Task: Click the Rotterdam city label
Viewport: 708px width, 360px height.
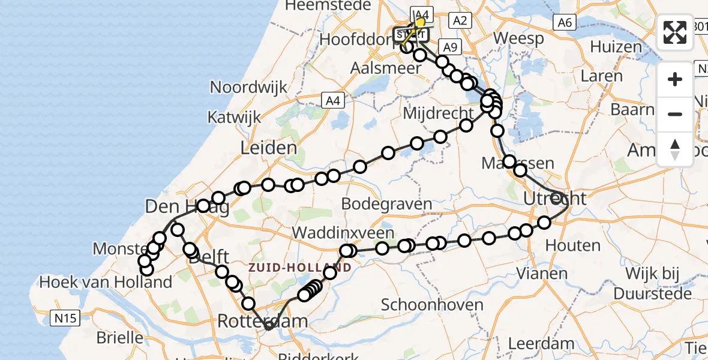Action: coord(262,321)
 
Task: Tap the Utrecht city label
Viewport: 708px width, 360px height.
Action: coord(555,198)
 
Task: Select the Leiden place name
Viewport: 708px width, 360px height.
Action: coord(268,148)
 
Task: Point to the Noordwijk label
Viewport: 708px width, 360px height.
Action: coord(249,87)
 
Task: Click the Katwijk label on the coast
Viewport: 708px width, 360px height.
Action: coord(235,116)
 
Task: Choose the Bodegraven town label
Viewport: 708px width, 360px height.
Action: coord(388,204)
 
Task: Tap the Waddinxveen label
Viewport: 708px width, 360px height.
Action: coord(344,233)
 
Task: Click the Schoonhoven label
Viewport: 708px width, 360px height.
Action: coord(431,305)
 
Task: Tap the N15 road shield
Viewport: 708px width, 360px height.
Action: coord(65,318)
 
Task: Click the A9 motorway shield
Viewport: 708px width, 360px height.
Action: coord(449,47)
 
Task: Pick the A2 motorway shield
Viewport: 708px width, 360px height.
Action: coord(460,21)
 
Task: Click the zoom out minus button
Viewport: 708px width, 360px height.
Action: coord(675,114)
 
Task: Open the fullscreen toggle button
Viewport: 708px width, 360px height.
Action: coord(675,32)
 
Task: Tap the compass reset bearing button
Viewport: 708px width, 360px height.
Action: coord(675,149)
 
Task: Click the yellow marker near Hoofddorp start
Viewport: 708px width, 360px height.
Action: coord(420,22)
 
